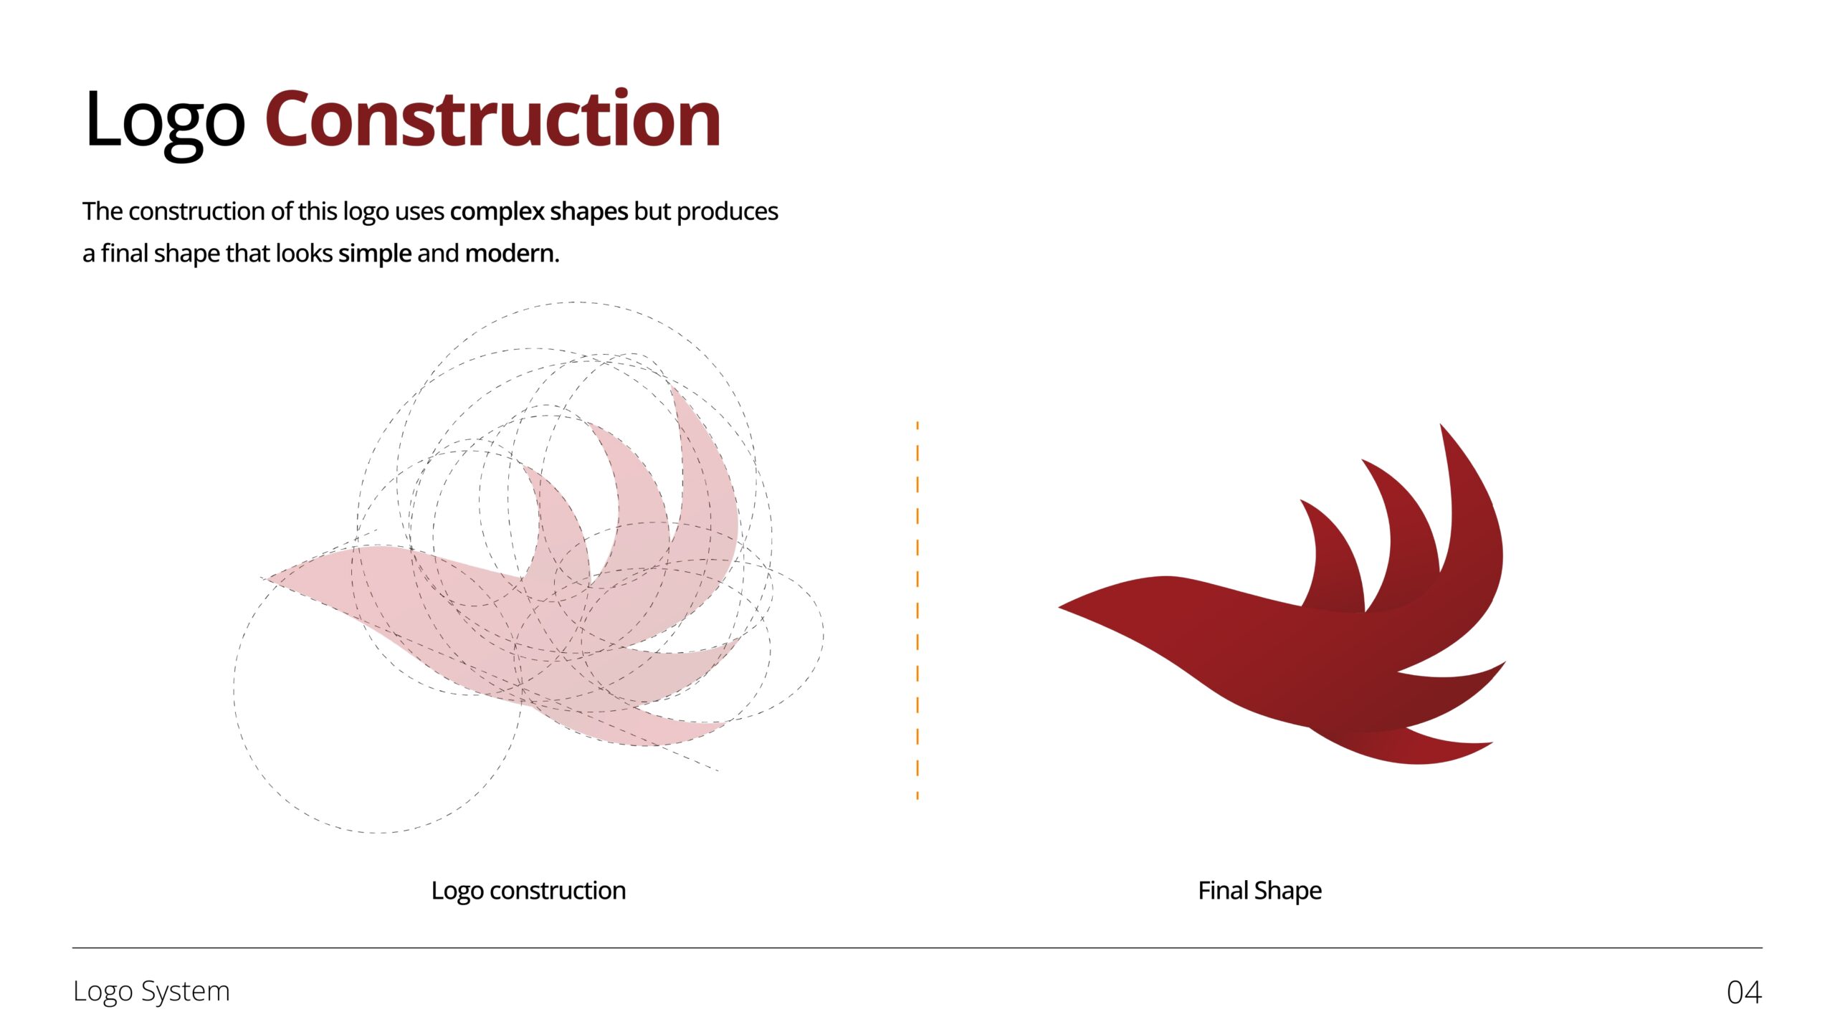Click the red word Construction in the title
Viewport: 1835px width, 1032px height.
tap(493, 118)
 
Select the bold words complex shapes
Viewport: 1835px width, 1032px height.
tap(539, 212)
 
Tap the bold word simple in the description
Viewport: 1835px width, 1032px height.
tap(375, 254)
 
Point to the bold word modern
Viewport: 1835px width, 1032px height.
tap(512, 254)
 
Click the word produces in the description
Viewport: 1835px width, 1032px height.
tap(728, 212)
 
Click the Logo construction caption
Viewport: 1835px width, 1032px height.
tap(528, 891)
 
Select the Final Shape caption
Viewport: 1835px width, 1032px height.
tap(1259, 891)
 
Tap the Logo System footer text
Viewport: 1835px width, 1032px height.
tap(151, 992)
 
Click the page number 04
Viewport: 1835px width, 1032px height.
tap(1744, 993)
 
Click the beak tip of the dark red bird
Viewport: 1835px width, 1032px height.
tap(1059, 607)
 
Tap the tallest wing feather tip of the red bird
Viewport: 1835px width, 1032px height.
tap(1441, 424)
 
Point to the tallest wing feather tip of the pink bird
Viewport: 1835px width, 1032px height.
tap(672, 388)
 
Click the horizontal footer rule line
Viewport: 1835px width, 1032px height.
tap(917, 947)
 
